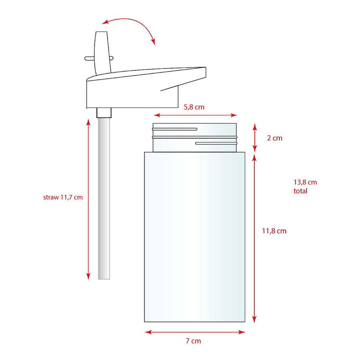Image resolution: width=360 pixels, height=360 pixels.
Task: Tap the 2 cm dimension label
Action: [x=274, y=138]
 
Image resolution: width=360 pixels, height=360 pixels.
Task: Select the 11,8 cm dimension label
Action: [x=274, y=231]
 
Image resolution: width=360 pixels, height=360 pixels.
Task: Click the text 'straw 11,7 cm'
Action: [x=63, y=198]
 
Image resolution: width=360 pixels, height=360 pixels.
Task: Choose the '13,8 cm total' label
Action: [x=305, y=186]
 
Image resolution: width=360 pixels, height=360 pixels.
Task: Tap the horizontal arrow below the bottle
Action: [x=194, y=332]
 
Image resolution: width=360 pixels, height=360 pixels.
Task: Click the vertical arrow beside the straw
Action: [x=88, y=198]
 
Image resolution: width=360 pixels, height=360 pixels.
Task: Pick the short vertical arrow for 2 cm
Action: [x=255, y=137]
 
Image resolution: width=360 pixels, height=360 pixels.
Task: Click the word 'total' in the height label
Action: [x=300, y=191]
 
